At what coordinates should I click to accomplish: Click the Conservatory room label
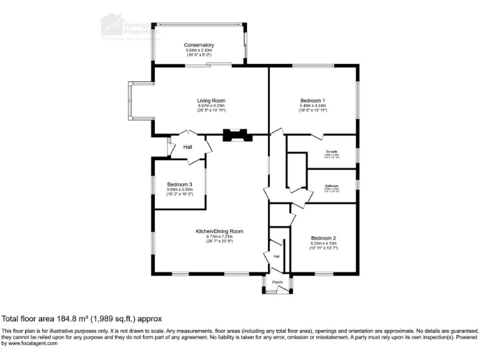click(199, 45)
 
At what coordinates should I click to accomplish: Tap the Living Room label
click(211, 101)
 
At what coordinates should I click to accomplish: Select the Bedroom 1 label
click(312, 101)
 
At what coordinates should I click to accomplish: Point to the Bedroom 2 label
click(324, 238)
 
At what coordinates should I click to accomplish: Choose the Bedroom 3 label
click(179, 184)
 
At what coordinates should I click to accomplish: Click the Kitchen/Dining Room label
click(215, 231)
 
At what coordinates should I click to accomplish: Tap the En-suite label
click(331, 152)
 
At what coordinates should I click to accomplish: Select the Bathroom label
click(331, 186)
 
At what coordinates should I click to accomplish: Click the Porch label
click(277, 282)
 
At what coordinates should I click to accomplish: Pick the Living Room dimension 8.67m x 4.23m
click(211, 106)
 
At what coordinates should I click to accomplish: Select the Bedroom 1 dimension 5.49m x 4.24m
click(312, 106)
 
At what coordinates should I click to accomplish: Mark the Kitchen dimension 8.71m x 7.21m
click(215, 236)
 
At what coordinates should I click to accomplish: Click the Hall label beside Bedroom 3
click(187, 147)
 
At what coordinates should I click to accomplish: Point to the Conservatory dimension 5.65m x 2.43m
click(199, 50)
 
